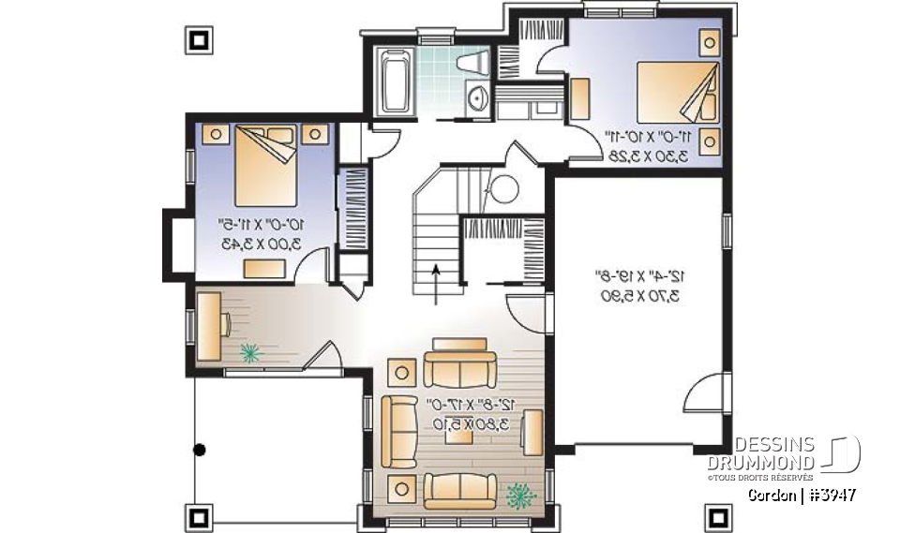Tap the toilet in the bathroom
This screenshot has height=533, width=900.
tap(472, 64)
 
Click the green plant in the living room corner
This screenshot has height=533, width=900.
tap(517, 493)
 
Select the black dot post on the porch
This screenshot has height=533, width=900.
tap(199, 451)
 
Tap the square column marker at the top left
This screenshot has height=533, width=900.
tap(199, 40)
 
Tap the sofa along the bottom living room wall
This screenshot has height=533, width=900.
tap(459, 490)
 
